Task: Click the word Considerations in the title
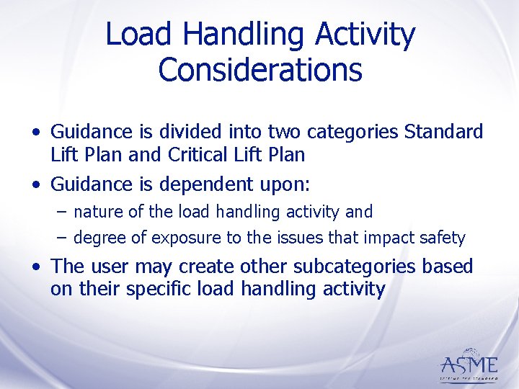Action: [259, 70]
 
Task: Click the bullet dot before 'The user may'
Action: [35, 267]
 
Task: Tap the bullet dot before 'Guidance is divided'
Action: [35, 133]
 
